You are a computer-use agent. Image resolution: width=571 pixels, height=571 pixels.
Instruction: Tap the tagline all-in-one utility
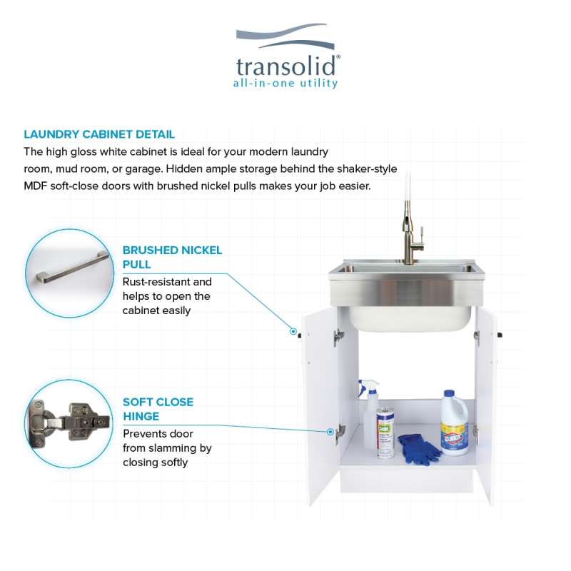(x=285, y=84)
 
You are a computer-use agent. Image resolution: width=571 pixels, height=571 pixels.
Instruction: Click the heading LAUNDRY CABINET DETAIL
(x=99, y=134)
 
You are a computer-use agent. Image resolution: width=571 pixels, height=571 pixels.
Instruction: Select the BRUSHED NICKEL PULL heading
(x=172, y=257)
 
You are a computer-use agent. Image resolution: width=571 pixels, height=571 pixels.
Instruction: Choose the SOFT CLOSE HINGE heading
(x=158, y=409)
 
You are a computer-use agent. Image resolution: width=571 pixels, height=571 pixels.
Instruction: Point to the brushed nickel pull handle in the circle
(x=73, y=268)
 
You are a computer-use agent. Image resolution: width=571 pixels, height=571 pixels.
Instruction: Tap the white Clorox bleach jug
(x=454, y=423)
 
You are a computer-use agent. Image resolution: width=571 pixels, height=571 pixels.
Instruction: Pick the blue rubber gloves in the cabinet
(x=419, y=450)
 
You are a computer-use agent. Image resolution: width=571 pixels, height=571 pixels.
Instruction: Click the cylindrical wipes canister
(x=385, y=433)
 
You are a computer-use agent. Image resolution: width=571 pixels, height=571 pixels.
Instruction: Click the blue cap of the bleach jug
(x=450, y=394)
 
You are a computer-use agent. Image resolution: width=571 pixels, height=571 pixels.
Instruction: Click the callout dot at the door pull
(x=293, y=331)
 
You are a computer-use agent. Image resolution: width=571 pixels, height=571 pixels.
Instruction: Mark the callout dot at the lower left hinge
(x=330, y=432)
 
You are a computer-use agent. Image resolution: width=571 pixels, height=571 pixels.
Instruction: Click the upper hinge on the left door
(x=338, y=338)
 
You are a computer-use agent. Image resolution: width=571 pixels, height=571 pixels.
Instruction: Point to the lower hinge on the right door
(x=475, y=433)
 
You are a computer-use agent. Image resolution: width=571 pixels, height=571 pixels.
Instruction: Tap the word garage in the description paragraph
(x=143, y=169)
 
